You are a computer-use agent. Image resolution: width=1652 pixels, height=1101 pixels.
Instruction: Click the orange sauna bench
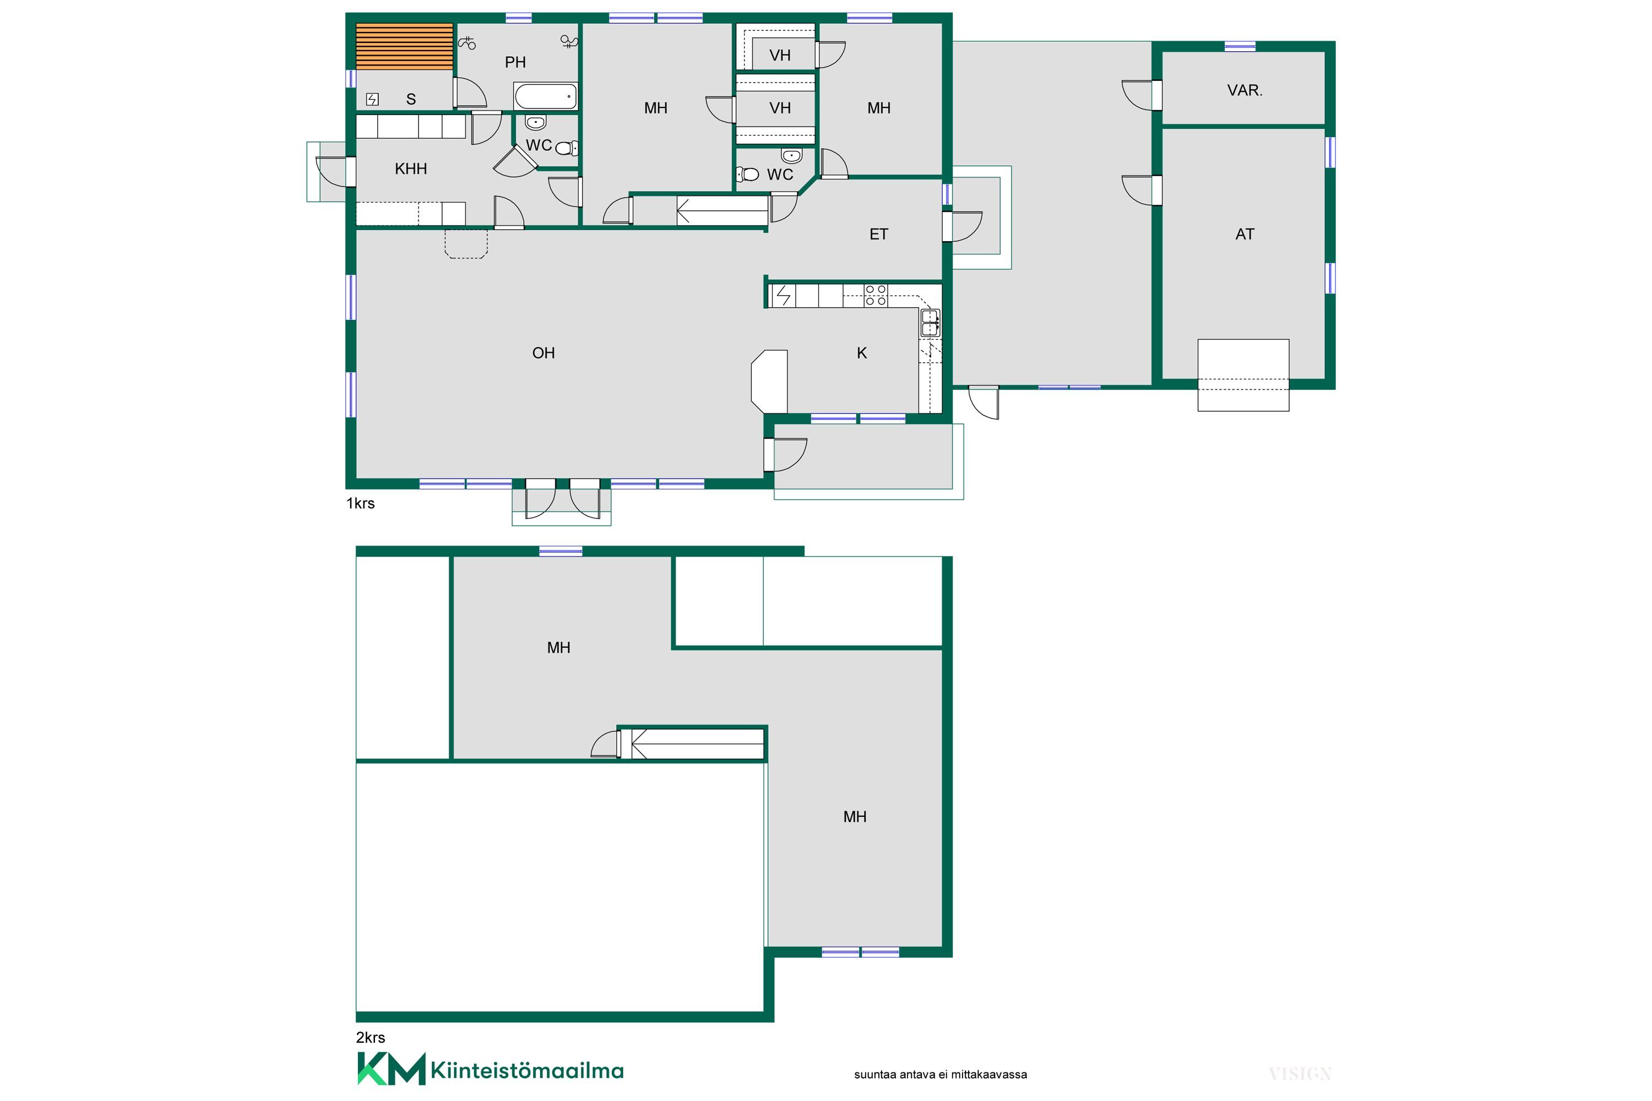405,46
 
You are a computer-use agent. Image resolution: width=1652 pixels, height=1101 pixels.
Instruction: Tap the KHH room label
411,168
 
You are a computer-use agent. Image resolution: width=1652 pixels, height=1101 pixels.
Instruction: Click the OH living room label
544,353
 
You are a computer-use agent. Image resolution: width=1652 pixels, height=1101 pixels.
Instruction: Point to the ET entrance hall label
879,235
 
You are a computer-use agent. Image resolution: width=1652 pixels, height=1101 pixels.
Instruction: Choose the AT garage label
1245,235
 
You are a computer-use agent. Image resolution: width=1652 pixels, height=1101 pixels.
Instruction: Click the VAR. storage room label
1245,91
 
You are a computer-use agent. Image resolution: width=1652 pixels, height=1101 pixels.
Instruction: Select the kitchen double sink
930,323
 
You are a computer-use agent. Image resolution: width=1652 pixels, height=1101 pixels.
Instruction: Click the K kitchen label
862,353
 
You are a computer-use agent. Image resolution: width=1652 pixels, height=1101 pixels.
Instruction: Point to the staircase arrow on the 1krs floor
722,210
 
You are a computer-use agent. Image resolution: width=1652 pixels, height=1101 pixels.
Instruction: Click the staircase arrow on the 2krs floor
698,744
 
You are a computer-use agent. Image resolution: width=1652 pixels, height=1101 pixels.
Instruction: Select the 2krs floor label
370,1037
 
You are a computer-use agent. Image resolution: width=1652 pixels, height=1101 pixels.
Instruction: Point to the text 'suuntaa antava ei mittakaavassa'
941,1075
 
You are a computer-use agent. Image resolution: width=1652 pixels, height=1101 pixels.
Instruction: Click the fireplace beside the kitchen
769,381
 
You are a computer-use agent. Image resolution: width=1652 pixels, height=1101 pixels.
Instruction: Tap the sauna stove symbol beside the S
372,100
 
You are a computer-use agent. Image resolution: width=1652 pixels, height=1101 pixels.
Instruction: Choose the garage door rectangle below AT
1243,375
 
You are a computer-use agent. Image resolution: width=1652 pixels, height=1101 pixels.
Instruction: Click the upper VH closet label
780,56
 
